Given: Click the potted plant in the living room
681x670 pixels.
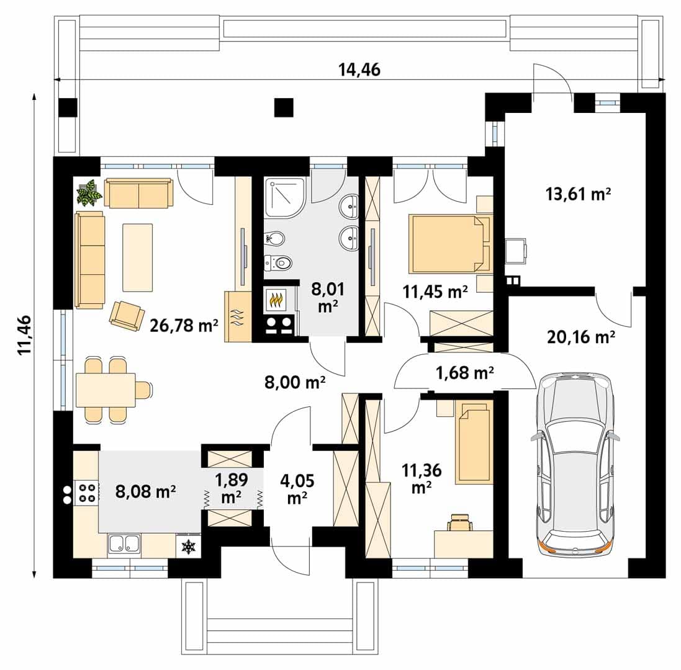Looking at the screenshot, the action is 89,193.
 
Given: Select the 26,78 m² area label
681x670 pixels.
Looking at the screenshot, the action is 184,325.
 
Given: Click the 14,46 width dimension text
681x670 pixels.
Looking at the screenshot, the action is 359,69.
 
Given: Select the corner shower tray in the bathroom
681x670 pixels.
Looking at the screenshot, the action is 285,197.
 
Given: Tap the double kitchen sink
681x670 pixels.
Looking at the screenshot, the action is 124,543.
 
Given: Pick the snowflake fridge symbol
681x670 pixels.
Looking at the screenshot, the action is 189,546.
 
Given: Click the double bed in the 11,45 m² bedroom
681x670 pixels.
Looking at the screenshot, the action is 451,244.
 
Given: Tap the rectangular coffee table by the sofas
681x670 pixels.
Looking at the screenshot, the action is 138,257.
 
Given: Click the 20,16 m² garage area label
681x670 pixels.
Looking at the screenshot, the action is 580,337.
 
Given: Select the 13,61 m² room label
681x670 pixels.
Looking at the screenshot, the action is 578,194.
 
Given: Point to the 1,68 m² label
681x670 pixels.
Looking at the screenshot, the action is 465,372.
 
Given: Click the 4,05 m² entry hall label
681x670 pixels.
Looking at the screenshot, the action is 297,489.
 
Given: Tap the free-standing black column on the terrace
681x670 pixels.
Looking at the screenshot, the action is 284,107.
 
